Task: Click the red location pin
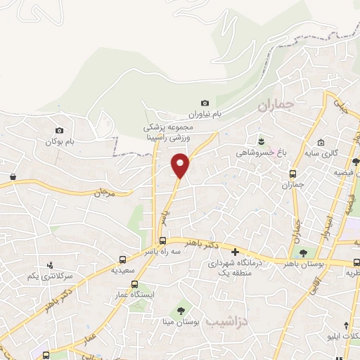point(180,165)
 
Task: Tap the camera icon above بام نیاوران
point(205,103)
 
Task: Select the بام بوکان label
point(59,142)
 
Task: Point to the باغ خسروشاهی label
point(262,150)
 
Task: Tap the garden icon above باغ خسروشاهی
point(262,139)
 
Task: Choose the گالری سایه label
point(325,153)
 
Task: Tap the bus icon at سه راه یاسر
point(163,240)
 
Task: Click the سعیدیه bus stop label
point(124,270)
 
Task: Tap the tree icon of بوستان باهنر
point(303,253)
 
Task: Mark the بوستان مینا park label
point(181,321)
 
